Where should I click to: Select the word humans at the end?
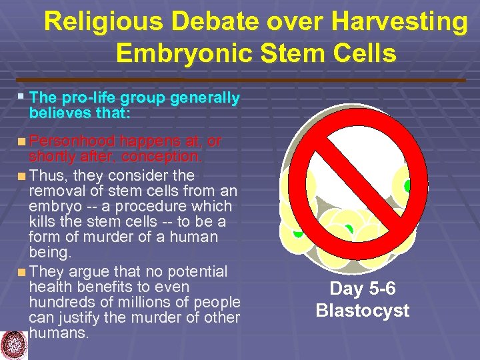[58, 333]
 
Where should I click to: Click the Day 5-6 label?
[363, 289]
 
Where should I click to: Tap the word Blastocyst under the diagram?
[363, 311]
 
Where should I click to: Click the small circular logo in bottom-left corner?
[15, 345]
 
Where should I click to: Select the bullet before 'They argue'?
[23, 272]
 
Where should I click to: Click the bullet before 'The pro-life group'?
[21, 96]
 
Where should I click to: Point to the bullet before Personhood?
[23, 141]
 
